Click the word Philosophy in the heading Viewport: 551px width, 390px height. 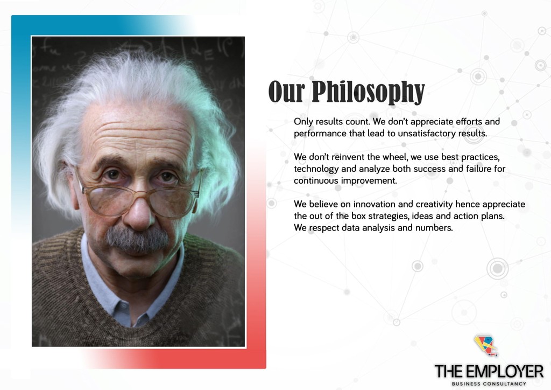pyautogui.click(x=368, y=92)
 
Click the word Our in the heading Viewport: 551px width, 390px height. pyautogui.click(x=286, y=92)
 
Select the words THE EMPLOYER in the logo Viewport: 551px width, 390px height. pyautogui.click(x=489, y=371)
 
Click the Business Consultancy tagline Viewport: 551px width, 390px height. pyautogui.click(x=489, y=384)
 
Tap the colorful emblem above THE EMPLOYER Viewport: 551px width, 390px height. pyautogui.click(x=486, y=345)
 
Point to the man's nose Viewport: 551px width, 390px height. pyautogui.click(x=140, y=211)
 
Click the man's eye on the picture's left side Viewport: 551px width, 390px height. pyautogui.click(x=112, y=175)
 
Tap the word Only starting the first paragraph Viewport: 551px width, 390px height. pyautogui.click(x=303, y=122)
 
